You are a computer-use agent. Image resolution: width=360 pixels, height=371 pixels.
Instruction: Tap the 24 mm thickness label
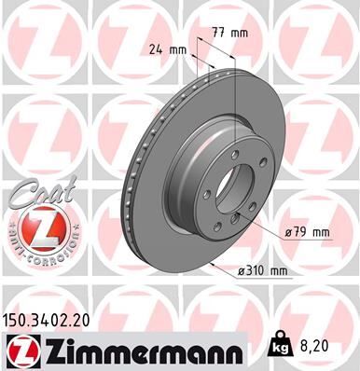pos(166,50)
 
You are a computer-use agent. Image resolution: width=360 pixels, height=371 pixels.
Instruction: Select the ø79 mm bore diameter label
pos(309,230)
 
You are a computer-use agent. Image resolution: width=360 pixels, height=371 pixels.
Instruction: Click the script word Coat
pos(33,193)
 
